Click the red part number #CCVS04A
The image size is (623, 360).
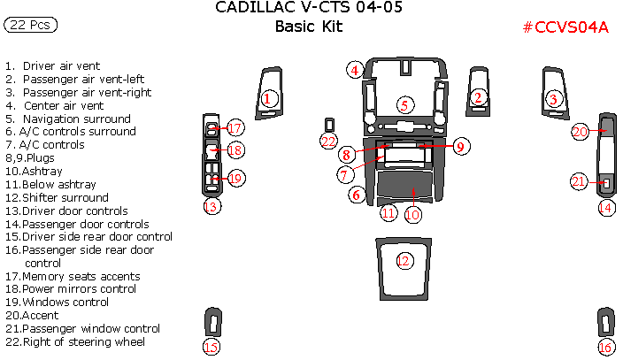(x=565, y=27)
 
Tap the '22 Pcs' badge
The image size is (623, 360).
(x=30, y=26)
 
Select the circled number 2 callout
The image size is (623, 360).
(x=479, y=97)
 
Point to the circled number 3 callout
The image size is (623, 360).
(x=554, y=99)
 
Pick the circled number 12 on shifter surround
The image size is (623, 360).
(x=404, y=261)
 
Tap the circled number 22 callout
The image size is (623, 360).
(x=328, y=142)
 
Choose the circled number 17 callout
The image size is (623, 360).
(x=235, y=128)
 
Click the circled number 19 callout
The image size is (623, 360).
(x=235, y=178)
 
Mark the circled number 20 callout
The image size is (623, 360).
(x=581, y=132)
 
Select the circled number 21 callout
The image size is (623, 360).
(x=579, y=182)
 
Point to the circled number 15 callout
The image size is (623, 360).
(x=211, y=347)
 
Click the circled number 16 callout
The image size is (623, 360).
(x=605, y=347)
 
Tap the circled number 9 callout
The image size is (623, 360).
(x=460, y=147)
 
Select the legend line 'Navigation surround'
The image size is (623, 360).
(x=75, y=119)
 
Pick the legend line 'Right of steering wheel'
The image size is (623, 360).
(x=83, y=341)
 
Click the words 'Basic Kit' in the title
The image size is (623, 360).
(x=308, y=27)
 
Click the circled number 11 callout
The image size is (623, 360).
(x=388, y=213)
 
